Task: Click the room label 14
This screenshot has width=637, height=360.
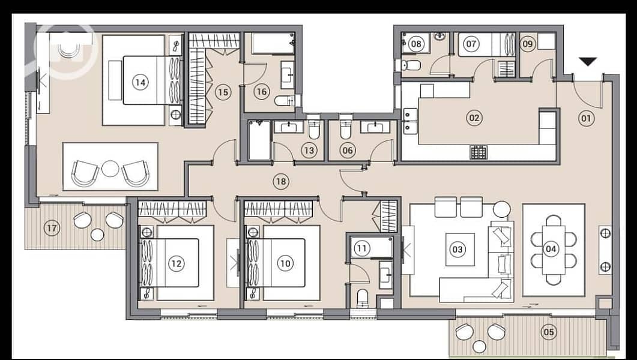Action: (140, 82)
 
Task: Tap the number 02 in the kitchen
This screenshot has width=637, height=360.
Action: (474, 118)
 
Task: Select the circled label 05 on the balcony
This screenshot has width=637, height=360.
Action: (548, 332)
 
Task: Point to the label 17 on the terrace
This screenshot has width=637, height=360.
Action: (52, 228)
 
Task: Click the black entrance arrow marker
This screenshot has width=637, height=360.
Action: (587, 62)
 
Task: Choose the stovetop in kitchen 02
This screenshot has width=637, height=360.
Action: (479, 152)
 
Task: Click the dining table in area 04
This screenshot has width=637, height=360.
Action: (554, 250)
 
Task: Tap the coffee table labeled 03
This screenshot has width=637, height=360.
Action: (460, 249)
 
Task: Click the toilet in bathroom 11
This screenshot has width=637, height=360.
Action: (362, 298)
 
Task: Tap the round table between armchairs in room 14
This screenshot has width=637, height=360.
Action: (110, 169)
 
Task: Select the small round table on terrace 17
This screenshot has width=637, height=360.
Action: (97, 235)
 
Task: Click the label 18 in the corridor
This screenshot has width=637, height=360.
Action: (281, 181)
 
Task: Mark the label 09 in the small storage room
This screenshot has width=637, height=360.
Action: (528, 44)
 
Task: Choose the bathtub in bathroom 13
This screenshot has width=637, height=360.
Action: (259, 140)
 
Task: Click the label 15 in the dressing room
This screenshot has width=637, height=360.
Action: (223, 92)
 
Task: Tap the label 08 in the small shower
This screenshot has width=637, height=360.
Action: (415, 43)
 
